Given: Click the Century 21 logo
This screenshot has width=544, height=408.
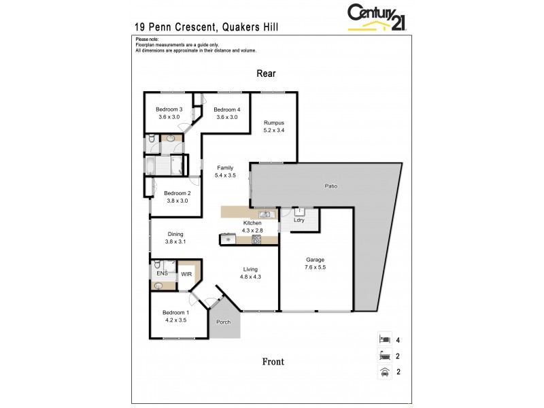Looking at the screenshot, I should tap(377, 17).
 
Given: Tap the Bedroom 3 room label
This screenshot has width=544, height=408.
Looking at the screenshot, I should tap(169, 109).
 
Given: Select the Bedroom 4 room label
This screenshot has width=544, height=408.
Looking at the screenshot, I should tap(226, 109).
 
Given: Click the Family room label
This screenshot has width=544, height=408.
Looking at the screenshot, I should tap(225, 167).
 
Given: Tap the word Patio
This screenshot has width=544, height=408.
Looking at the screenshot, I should tap(330, 186).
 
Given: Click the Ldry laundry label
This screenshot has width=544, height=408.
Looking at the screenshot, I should tap(299, 220).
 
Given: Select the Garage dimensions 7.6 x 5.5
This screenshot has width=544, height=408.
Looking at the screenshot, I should tap(315, 267).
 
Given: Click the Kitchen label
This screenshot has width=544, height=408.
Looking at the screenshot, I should tap(252, 223).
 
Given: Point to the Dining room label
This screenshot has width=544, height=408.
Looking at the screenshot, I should tap(175, 233).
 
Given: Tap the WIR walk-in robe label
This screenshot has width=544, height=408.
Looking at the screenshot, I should tap(186, 274).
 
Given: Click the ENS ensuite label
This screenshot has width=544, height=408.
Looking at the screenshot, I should tap(162, 273).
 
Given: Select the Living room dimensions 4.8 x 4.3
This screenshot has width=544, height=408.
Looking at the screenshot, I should tap(250, 277).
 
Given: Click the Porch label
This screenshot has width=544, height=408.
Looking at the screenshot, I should tap(223, 322).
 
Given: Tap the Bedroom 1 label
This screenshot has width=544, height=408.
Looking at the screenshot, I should tap(175, 312).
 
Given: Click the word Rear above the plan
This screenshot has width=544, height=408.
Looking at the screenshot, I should tap(265, 73).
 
